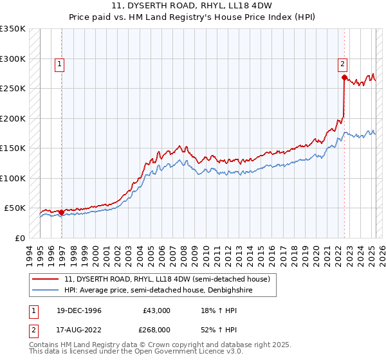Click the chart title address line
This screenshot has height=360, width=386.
192,6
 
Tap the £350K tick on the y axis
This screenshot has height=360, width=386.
13,29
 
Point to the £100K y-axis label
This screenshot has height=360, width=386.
13,178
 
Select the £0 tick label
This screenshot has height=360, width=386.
19,238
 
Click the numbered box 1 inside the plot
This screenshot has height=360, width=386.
59,64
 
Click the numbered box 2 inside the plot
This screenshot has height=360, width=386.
342,64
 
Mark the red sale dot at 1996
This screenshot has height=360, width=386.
62,212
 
